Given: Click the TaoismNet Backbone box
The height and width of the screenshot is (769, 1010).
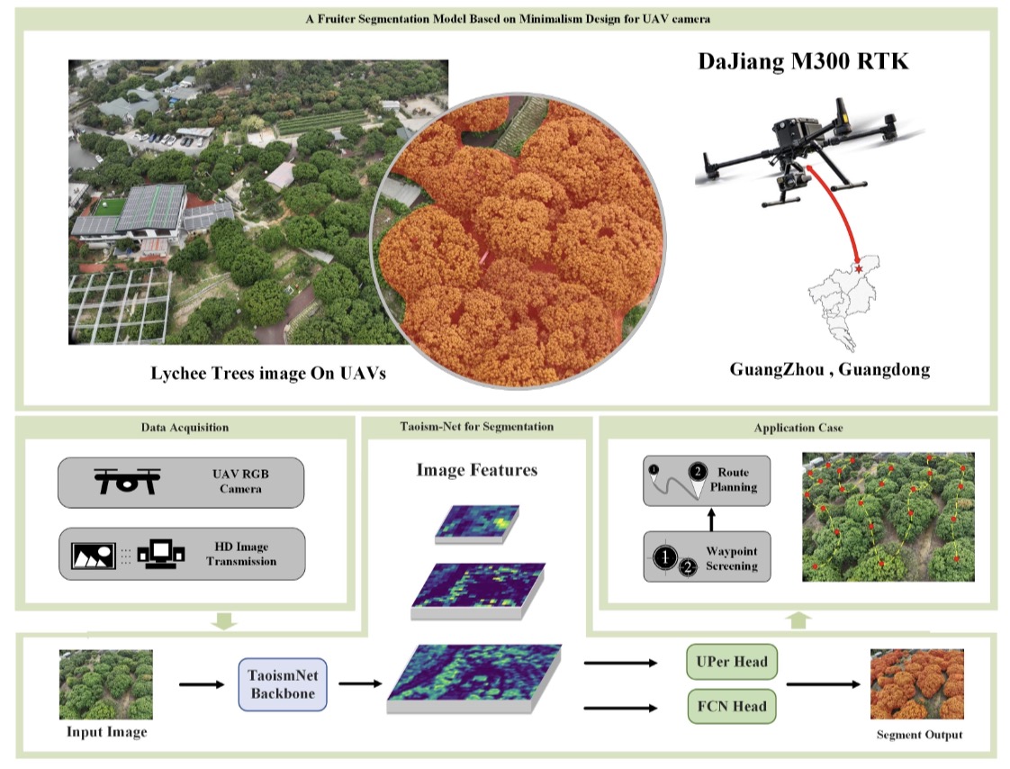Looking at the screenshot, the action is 283,684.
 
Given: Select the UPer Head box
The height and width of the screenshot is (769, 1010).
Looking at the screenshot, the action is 732,661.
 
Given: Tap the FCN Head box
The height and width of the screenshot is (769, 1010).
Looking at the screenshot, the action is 732,707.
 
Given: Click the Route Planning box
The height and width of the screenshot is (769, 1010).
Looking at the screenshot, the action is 707,481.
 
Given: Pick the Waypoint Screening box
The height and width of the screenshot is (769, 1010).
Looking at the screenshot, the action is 707,556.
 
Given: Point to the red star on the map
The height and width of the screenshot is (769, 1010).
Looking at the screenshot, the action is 858,268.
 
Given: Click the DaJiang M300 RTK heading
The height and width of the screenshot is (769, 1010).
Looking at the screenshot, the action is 803,61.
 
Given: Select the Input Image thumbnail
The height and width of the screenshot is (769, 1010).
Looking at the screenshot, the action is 106,684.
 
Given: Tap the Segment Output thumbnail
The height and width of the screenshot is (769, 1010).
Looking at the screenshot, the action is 917,684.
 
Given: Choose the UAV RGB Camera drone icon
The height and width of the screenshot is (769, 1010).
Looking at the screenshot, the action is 127,481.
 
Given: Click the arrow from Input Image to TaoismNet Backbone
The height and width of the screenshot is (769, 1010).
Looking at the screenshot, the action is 202,684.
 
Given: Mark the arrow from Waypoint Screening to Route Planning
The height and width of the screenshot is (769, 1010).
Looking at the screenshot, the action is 711,520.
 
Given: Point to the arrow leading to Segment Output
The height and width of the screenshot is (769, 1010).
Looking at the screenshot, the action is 823,684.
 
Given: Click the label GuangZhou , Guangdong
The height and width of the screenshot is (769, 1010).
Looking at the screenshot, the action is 830,369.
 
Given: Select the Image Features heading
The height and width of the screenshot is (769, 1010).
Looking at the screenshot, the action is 477,470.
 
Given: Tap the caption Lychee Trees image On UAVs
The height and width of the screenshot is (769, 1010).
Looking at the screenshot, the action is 268,374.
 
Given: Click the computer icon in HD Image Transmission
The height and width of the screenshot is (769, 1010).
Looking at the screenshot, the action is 161,554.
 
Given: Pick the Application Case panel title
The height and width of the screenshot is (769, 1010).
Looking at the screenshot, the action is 798,428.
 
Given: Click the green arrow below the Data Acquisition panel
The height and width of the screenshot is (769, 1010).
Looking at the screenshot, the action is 225,621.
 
